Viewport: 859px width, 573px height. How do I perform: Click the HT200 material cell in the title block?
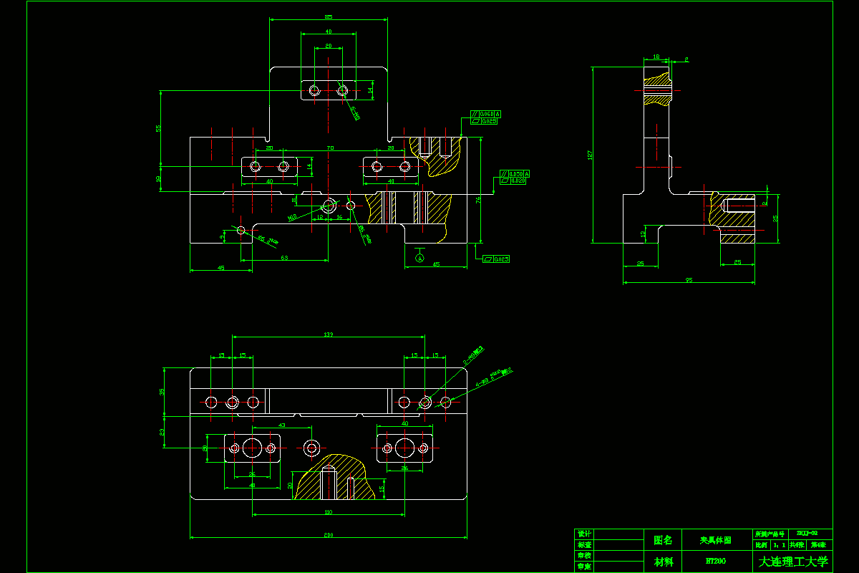tap(712, 562)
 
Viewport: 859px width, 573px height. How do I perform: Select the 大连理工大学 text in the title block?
tap(793, 562)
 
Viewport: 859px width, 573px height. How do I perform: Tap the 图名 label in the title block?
tap(663, 539)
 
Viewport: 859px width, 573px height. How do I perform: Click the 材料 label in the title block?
tap(663, 562)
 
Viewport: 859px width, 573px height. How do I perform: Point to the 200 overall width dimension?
tap(328, 534)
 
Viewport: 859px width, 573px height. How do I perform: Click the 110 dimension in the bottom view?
tap(328, 511)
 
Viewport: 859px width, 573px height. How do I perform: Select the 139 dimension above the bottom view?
tap(329, 334)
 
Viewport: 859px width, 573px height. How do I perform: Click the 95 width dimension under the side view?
tap(689, 279)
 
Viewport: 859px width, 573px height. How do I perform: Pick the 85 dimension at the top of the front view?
tap(329, 16)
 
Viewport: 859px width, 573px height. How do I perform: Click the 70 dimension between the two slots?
tap(330, 148)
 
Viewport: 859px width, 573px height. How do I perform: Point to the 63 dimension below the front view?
tap(284, 257)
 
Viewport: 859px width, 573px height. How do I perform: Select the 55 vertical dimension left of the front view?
tap(159, 128)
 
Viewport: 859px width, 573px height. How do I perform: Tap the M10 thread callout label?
tap(291, 216)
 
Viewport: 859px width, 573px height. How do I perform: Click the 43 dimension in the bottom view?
tap(281, 425)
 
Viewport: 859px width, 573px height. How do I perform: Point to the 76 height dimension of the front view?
tap(478, 201)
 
